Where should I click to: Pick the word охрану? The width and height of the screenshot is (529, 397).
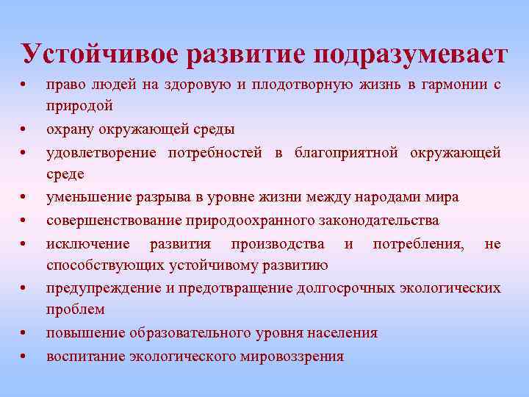click(x=73, y=130)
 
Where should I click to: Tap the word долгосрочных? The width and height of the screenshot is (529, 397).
click(x=347, y=288)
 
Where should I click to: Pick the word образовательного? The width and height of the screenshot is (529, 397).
click(x=194, y=333)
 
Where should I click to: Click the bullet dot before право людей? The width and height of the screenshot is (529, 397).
click(x=25, y=87)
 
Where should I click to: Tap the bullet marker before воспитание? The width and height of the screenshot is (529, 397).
click(x=25, y=358)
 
